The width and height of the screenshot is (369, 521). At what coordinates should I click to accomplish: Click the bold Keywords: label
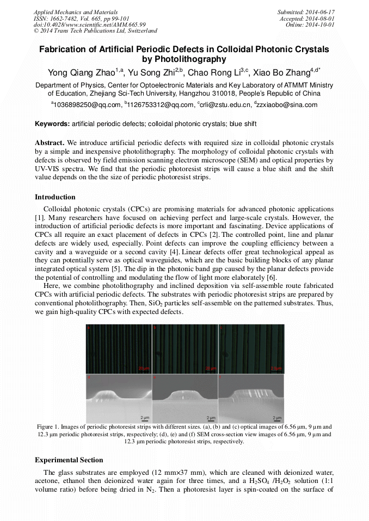point(52,124)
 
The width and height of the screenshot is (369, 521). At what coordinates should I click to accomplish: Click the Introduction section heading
point(55,197)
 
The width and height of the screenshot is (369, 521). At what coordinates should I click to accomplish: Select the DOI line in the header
point(89,25)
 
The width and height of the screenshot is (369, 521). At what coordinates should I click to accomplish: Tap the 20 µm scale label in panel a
point(143,368)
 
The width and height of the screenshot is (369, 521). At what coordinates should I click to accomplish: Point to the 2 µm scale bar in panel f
point(276,418)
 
